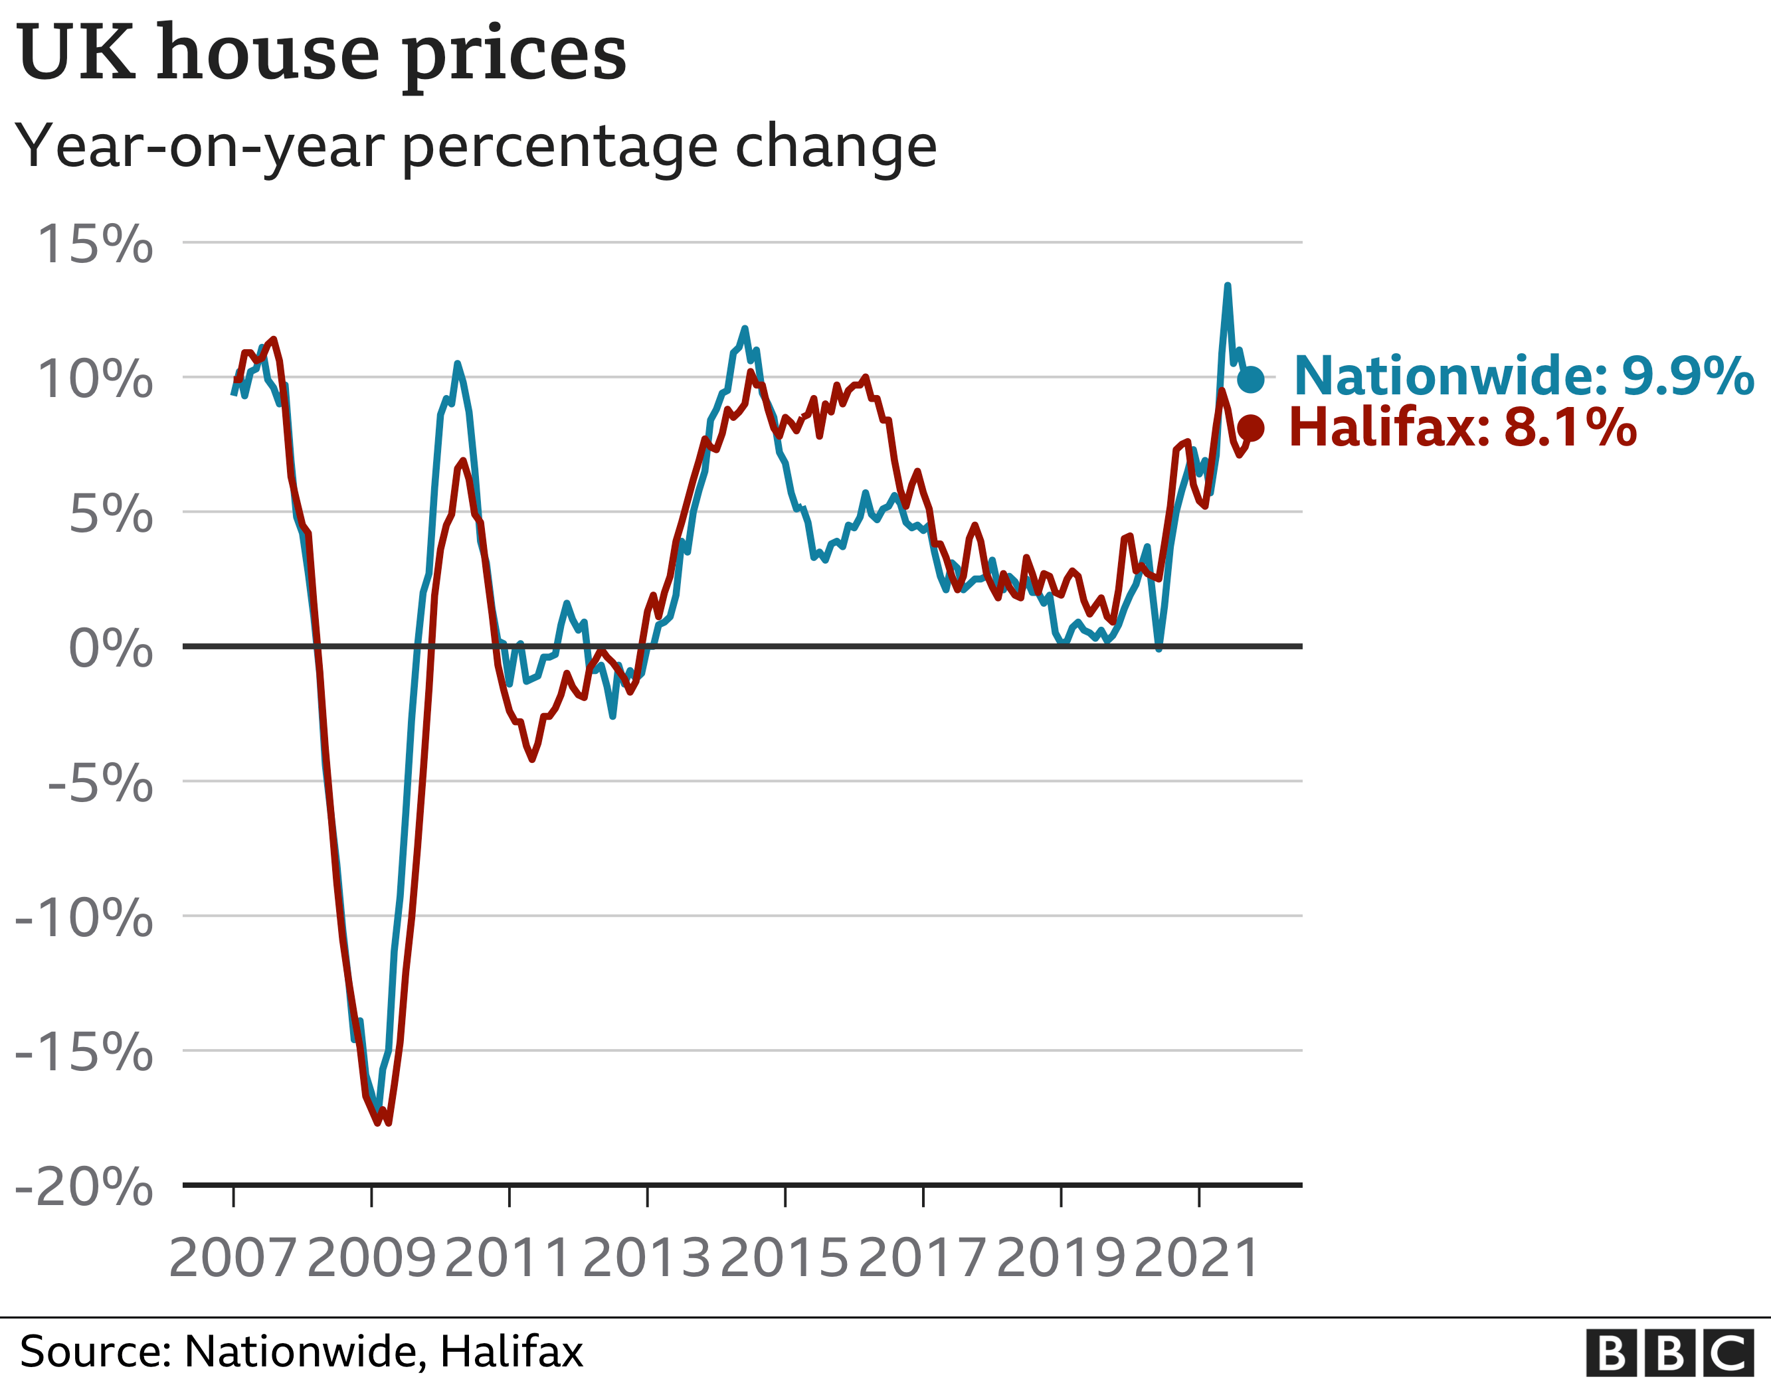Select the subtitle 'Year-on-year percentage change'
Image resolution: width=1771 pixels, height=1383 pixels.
(x=476, y=147)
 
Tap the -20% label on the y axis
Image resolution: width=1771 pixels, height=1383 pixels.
(x=84, y=1187)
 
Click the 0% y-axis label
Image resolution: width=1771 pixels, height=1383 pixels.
(x=110, y=649)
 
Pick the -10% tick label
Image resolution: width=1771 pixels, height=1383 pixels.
(x=84, y=918)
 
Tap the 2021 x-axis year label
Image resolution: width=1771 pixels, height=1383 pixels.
(x=1197, y=1258)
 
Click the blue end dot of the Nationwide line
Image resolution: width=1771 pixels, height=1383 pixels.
(x=1250, y=378)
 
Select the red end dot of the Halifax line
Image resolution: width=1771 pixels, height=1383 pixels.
(x=1250, y=428)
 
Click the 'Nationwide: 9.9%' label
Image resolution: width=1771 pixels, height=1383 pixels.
(x=1523, y=376)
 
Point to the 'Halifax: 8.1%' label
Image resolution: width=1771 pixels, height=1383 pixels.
(x=1462, y=427)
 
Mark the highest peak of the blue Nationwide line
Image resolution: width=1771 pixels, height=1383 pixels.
(x=1228, y=285)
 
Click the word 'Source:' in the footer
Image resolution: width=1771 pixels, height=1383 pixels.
(x=95, y=1351)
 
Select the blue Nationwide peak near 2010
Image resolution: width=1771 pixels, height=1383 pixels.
(x=457, y=363)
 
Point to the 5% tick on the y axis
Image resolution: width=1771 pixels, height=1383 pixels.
(x=110, y=514)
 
